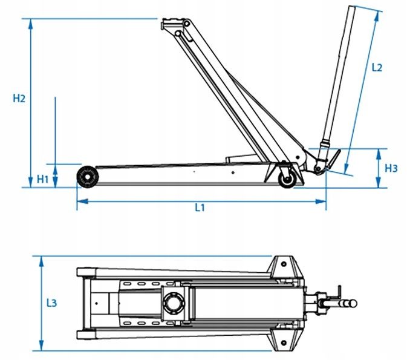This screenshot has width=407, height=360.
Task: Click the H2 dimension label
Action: coord(19,99)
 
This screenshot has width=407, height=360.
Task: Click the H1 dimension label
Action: coord(42,179)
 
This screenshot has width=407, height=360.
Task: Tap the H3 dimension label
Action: coord(391,168)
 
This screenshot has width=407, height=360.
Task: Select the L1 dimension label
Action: coord(200,208)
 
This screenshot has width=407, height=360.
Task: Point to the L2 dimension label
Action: coord(377,68)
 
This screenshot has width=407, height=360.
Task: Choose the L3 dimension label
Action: coord(51,303)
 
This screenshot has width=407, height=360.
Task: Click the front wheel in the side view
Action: coord(88,177)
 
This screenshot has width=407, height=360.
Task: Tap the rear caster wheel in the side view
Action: coord(287,179)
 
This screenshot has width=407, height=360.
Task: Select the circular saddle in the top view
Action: coord(173,303)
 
